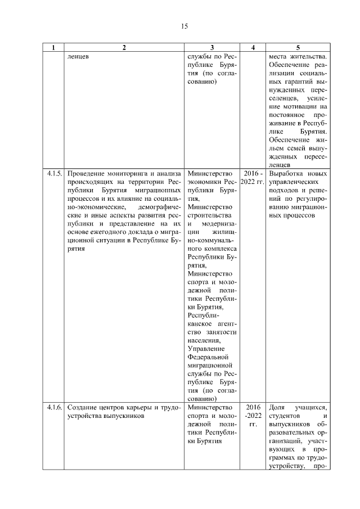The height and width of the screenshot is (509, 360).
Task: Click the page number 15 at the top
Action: tap(184, 26)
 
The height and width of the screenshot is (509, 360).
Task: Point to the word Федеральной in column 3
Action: tap(208, 356)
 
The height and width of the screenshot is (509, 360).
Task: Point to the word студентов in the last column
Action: tap(286, 416)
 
